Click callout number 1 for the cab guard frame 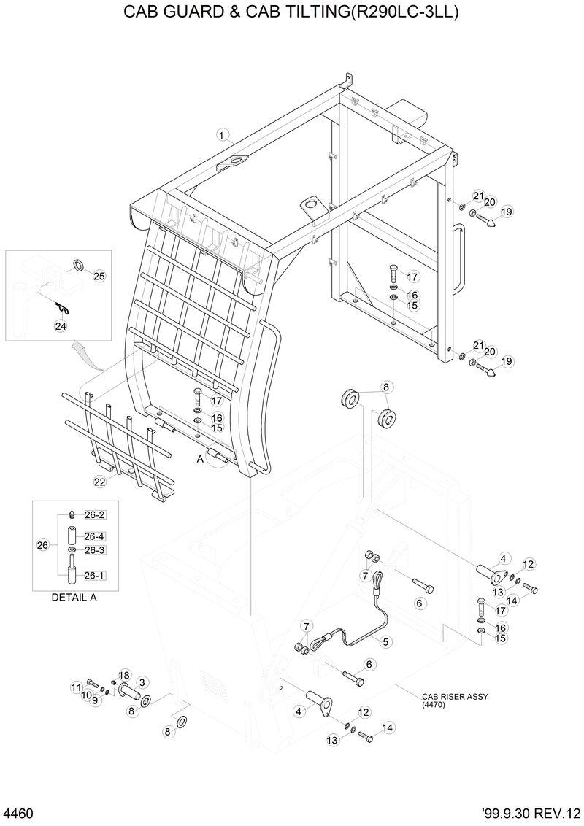pos(223,134)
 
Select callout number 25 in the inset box pos(99,276)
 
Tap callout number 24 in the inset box pos(60,326)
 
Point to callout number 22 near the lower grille pos(99,481)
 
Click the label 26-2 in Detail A pos(95,514)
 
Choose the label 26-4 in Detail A pos(95,536)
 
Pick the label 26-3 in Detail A pos(95,550)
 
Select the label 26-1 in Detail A pos(94,576)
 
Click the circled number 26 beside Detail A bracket pos(42,544)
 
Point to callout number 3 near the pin pos(142,682)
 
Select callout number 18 pos(123,675)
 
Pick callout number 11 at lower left pos(76,687)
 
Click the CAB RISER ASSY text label pos(455,697)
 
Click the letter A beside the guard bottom pos(199,460)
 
